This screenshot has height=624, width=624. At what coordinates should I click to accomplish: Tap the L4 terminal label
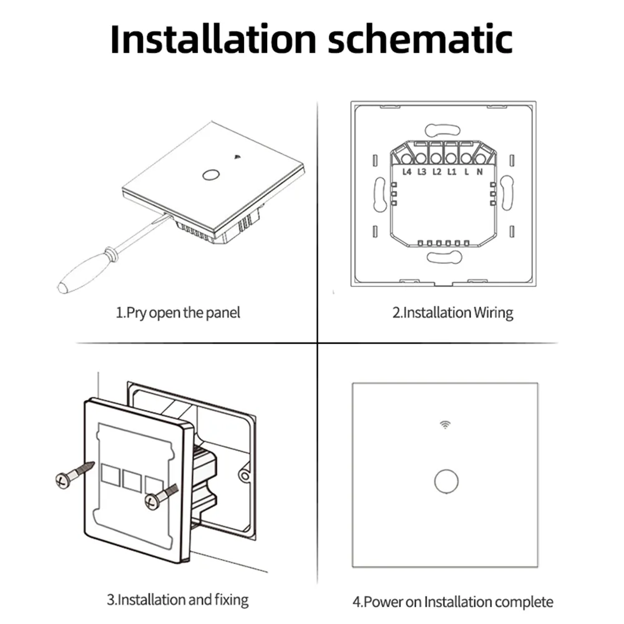click(407, 171)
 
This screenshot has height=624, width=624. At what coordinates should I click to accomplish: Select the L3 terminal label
click(422, 171)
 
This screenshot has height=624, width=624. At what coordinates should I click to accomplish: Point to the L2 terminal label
click(437, 171)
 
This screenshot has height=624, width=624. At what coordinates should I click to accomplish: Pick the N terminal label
click(479, 171)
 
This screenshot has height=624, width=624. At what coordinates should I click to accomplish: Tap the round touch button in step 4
click(445, 481)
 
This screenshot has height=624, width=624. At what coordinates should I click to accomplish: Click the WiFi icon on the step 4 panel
click(445, 425)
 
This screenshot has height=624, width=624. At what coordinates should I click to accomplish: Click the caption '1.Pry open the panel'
click(178, 313)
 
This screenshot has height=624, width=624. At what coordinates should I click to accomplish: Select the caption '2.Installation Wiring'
click(452, 313)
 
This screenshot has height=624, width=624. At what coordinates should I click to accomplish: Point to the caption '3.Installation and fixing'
click(177, 600)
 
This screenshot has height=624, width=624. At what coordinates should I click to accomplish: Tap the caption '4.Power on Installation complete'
click(452, 602)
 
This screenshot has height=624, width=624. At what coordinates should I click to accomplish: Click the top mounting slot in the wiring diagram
click(444, 130)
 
